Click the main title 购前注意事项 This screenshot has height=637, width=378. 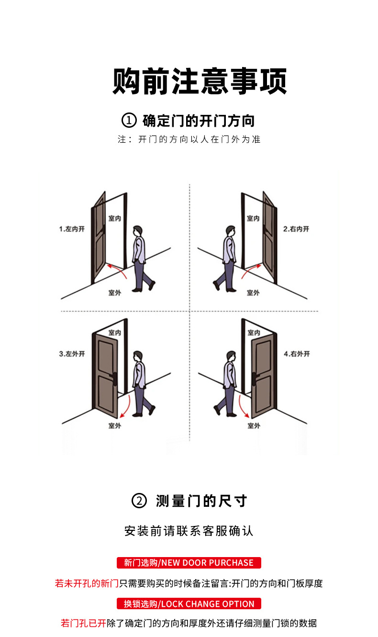click(x=200, y=82)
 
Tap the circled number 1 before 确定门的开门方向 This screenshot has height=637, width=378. click(x=129, y=121)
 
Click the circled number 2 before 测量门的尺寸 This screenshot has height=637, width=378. click(x=139, y=501)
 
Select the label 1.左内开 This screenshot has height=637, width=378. click(x=72, y=229)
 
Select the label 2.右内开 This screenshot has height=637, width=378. click(x=296, y=229)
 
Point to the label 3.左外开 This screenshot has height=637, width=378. click(x=72, y=354)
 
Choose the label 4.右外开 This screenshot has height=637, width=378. click(x=297, y=354)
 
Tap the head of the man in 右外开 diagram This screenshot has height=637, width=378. click(x=230, y=357)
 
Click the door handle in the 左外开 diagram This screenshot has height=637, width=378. click(x=115, y=378)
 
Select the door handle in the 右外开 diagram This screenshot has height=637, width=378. click(x=254, y=378)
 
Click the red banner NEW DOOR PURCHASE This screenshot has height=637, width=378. click(x=189, y=562)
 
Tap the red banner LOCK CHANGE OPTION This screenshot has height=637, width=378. click(x=189, y=603)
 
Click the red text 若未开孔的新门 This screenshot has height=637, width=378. click(x=87, y=583)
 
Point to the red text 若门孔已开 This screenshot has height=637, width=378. click(x=83, y=623)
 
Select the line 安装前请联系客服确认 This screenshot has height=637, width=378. click(x=189, y=531)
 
